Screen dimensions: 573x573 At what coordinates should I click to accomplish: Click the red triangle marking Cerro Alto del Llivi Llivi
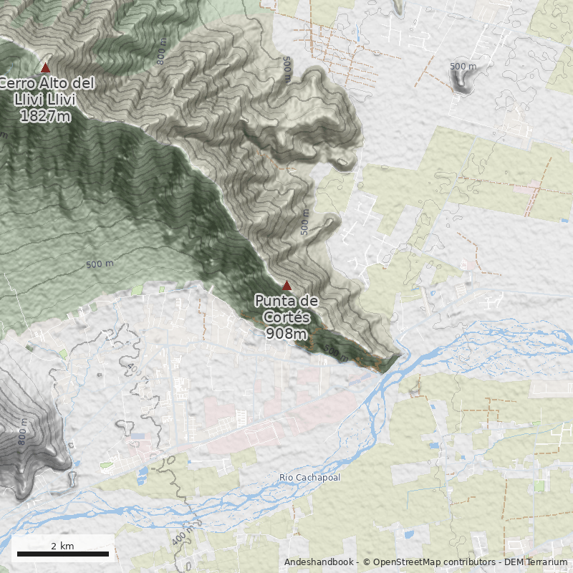(x=45, y=68)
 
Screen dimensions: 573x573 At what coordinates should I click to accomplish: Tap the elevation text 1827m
(x=44, y=115)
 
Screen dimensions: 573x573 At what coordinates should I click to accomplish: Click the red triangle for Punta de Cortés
(x=286, y=285)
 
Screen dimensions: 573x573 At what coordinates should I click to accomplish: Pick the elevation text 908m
(x=286, y=333)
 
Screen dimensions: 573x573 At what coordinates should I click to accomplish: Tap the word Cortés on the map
(x=286, y=317)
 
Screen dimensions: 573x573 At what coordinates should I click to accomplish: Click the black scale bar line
(x=62, y=554)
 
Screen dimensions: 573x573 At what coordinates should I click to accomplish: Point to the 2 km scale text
(x=62, y=546)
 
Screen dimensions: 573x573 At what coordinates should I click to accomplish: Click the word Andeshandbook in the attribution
(x=319, y=563)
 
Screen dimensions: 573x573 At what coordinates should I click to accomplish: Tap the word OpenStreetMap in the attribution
(x=403, y=563)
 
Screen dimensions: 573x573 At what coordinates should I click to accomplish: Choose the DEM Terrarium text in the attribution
(x=536, y=563)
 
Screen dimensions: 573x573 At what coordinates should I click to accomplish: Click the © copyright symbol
(x=367, y=563)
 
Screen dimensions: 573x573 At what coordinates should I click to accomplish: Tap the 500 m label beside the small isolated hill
(x=463, y=67)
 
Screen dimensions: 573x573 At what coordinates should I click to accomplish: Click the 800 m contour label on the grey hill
(x=22, y=434)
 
